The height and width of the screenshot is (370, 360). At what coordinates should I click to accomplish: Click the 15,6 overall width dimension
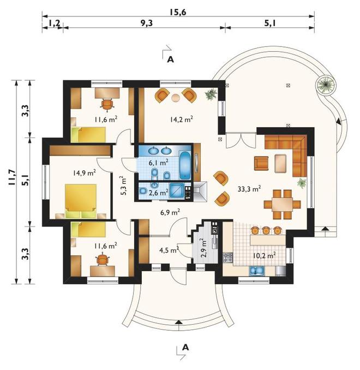(x=178, y=12)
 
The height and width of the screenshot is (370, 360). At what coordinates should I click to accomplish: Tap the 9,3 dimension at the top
(x=147, y=23)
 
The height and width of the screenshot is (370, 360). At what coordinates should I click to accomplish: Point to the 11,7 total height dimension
(x=12, y=178)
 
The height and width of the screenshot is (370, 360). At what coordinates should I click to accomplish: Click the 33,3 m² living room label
(x=249, y=188)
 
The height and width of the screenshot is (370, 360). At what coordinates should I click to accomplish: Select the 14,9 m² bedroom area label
(x=84, y=173)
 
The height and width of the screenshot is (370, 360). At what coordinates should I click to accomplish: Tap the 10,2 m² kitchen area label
(x=265, y=255)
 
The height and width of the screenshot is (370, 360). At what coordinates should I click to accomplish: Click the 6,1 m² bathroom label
(x=159, y=162)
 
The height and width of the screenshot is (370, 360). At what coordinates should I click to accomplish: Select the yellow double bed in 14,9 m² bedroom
(x=81, y=201)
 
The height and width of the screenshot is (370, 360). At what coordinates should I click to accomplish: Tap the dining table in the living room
(x=282, y=204)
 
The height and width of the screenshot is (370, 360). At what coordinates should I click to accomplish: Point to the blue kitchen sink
(x=257, y=271)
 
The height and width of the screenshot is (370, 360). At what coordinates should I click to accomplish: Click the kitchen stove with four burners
(x=227, y=258)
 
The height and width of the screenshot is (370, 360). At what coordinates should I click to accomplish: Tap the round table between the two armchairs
(x=176, y=98)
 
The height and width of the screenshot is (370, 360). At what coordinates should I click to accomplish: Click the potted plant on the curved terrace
(x=326, y=85)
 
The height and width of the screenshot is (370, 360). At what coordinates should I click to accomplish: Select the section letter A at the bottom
(x=185, y=347)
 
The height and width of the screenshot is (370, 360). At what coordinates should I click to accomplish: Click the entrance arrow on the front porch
(x=179, y=322)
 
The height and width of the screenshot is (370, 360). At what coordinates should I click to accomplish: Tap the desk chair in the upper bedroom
(x=107, y=104)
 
